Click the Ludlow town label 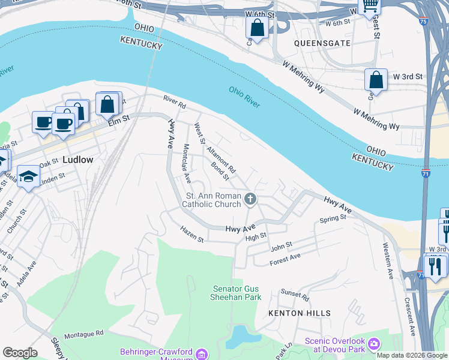78,160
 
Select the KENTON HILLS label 299,313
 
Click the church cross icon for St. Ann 250,199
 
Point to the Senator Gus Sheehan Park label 237,293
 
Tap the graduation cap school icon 28,176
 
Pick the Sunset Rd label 295,295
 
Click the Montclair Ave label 187,163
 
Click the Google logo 20,353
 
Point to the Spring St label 333,219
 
